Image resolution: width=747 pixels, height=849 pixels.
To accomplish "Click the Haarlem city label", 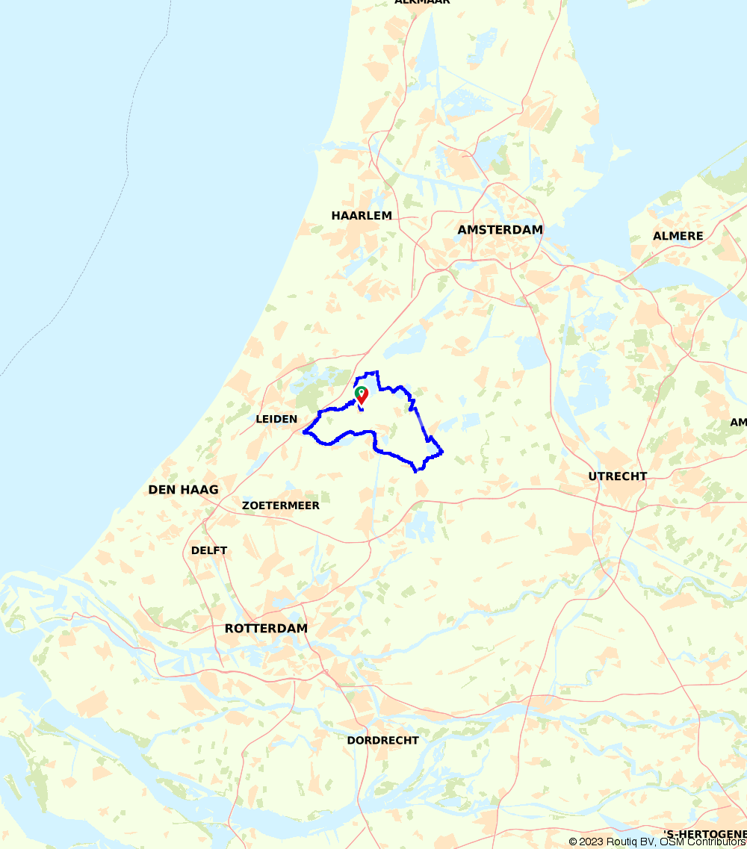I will click(x=362, y=216).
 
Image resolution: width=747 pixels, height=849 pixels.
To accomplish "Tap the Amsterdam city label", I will click(x=500, y=230).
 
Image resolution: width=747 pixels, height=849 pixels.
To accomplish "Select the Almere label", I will click(x=678, y=236).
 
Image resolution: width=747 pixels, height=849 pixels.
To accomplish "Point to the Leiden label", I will click(x=276, y=419).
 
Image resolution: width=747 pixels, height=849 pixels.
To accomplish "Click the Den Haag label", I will click(x=183, y=490).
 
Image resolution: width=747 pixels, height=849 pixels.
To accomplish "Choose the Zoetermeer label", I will click(x=281, y=506).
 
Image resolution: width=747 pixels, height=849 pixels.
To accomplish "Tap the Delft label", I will click(x=209, y=550).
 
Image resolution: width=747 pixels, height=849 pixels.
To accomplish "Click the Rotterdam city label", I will click(x=266, y=629).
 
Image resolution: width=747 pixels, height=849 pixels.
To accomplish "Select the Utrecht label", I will click(x=617, y=476).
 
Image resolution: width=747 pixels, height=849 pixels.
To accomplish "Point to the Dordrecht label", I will click(x=382, y=741).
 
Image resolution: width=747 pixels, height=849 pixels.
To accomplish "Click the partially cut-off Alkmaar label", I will click(x=422, y=2).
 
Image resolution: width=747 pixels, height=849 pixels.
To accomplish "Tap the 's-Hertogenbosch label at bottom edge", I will click(x=704, y=833).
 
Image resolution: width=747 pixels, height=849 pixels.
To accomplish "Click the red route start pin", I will click(x=362, y=394).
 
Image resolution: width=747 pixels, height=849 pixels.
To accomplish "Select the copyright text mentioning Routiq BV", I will click(x=657, y=842).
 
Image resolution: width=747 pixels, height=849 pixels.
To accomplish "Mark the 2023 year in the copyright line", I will click(x=593, y=842).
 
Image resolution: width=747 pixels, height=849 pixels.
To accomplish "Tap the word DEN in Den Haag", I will click(x=161, y=490).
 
